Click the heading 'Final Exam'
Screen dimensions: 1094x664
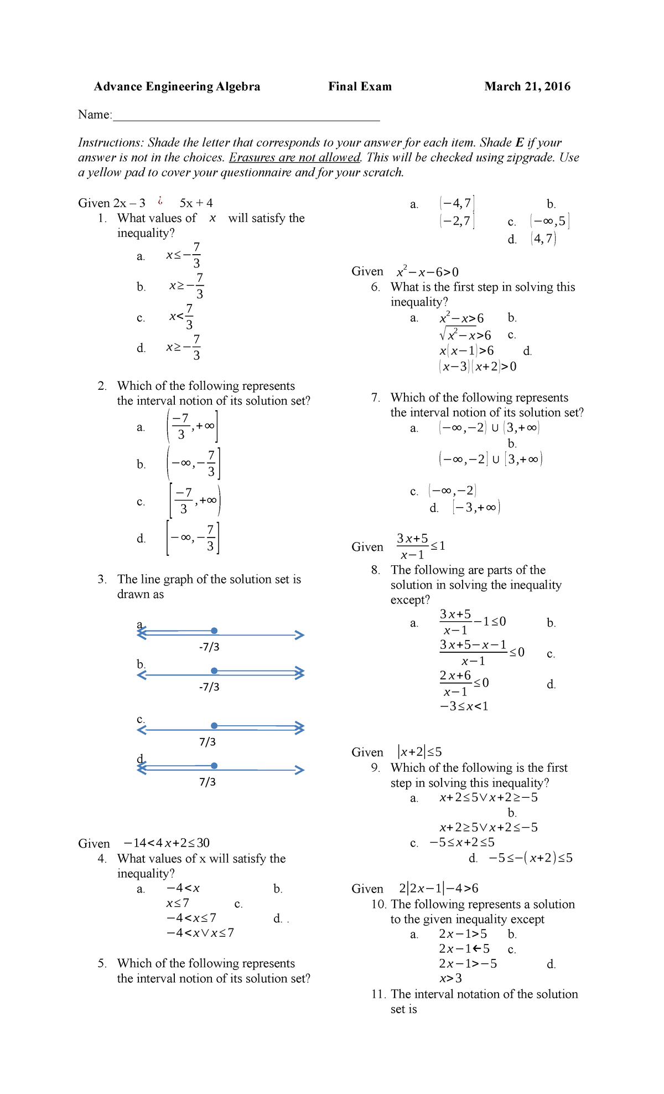pos(360,86)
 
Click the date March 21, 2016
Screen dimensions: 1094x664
pos(527,86)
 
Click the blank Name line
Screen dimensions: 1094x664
pos(246,116)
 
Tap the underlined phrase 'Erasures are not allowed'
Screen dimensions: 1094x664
pos(294,158)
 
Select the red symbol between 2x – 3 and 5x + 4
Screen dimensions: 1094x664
pos(160,202)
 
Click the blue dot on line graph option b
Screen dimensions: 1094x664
pos(214,671)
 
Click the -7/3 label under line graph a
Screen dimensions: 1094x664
pos(209,647)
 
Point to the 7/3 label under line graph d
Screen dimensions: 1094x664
pos(207,782)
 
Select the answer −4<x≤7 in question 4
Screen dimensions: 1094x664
pos(191,918)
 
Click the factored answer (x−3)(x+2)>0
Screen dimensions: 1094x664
pos(478,367)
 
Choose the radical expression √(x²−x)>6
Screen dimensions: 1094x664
pos(465,336)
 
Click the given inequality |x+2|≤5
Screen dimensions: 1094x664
pos(419,752)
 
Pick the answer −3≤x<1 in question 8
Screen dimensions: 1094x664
pos(464,706)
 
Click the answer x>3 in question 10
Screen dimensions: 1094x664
pos(450,978)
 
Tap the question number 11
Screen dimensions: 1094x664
pos(378,994)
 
